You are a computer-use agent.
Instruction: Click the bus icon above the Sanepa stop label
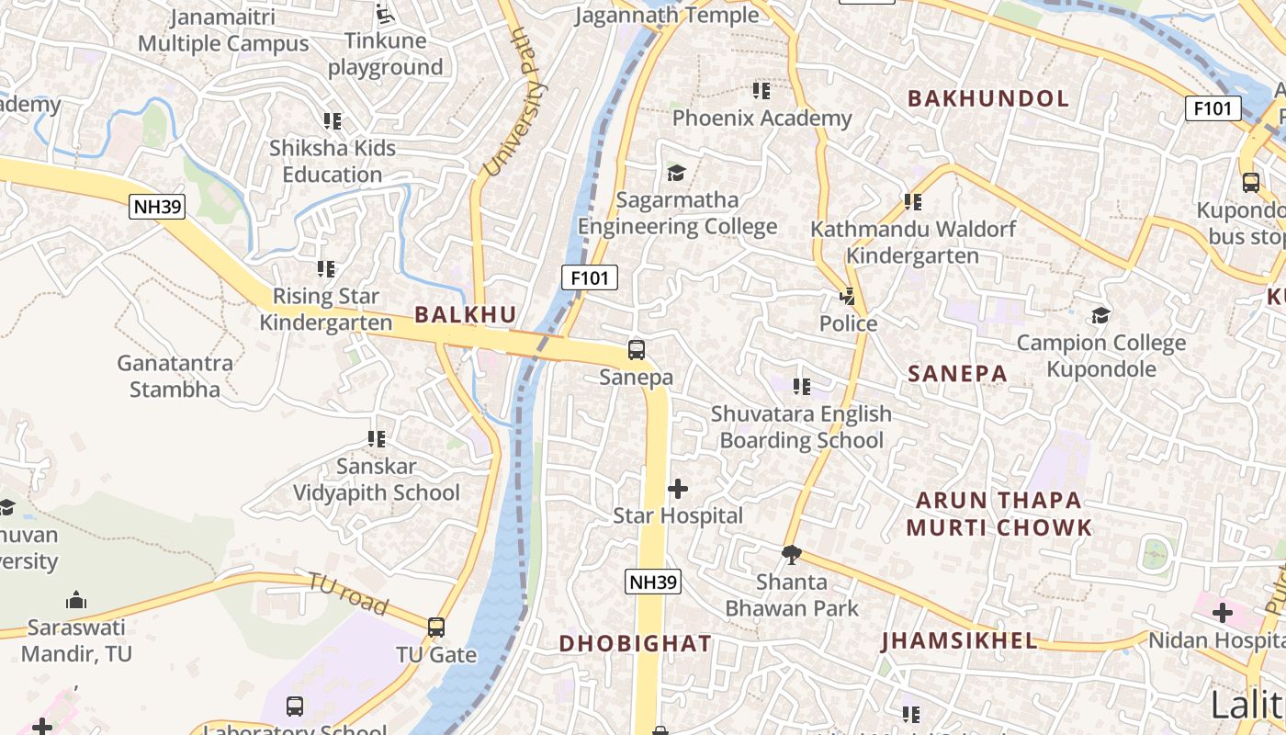(x=636, y=349)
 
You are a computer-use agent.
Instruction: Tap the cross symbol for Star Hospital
(x=678, y=489)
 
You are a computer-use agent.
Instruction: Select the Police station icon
(x=848, y=297)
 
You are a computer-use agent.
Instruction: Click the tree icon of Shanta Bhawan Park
(x=791, y=554)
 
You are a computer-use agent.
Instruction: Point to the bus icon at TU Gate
(x=436, y=628)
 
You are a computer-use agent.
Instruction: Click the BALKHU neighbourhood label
(x=466, y=314)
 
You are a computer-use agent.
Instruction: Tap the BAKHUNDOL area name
(x=988, y=98)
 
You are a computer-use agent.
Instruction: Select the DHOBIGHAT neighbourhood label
(x=636, y=643)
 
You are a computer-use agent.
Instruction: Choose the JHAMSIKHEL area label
(x=960, y=641)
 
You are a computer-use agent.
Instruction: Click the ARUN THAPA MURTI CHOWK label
(x=999, y=514)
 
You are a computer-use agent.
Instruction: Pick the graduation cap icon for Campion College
(x=1100, y=317)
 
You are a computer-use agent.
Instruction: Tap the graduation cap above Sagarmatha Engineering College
(x=677, y=173)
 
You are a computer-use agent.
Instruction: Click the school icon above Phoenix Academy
(x=761, y=91)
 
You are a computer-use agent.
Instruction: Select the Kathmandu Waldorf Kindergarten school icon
(x=912, y=201)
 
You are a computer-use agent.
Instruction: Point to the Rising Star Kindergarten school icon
(x=326, y=269)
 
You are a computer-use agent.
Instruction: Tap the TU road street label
(x=347, y=594)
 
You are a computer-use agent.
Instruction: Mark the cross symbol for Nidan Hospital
(x=1222, y=612)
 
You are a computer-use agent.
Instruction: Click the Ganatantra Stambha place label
(x=175, y=376)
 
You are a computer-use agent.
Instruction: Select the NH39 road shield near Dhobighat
(x=653, y=581)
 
